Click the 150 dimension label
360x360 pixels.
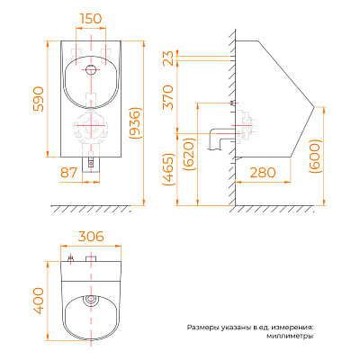pos(91,18)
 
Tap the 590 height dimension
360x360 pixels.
pos(39,99)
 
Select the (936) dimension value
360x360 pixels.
pos(134,122)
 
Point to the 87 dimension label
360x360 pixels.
pos(68,173)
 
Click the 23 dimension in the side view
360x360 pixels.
pos(168,58)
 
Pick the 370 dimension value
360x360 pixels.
pos(168,97)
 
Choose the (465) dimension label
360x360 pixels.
pos(168,169)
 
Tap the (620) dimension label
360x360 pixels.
pos(190,154)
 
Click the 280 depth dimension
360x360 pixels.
pos(263,173)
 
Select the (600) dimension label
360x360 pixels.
pos(315,157)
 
